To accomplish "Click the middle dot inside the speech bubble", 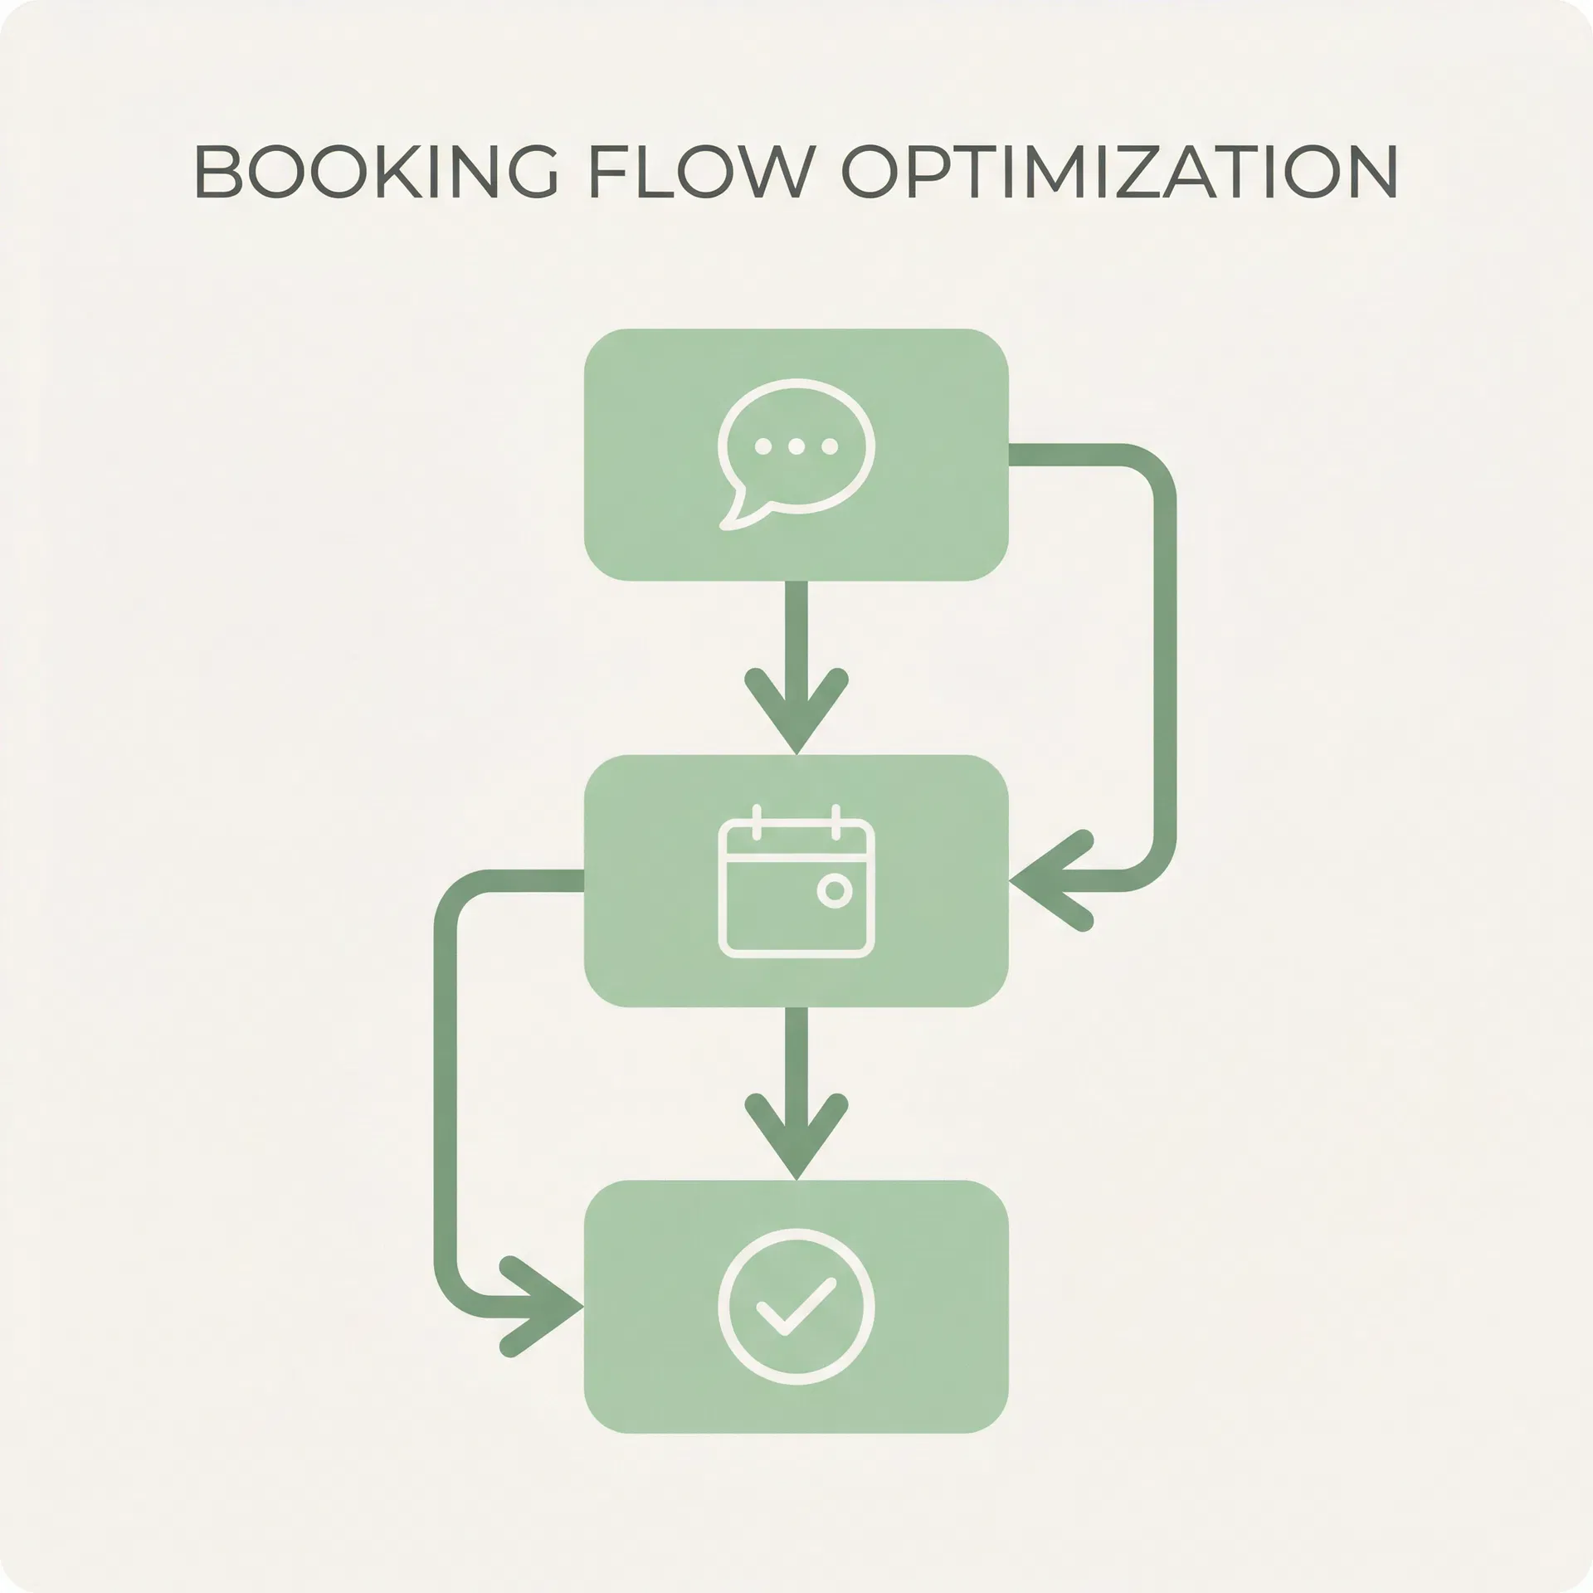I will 796,447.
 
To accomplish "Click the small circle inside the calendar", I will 835,890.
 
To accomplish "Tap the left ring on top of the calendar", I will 756,822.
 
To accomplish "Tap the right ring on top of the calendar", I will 835,822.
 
